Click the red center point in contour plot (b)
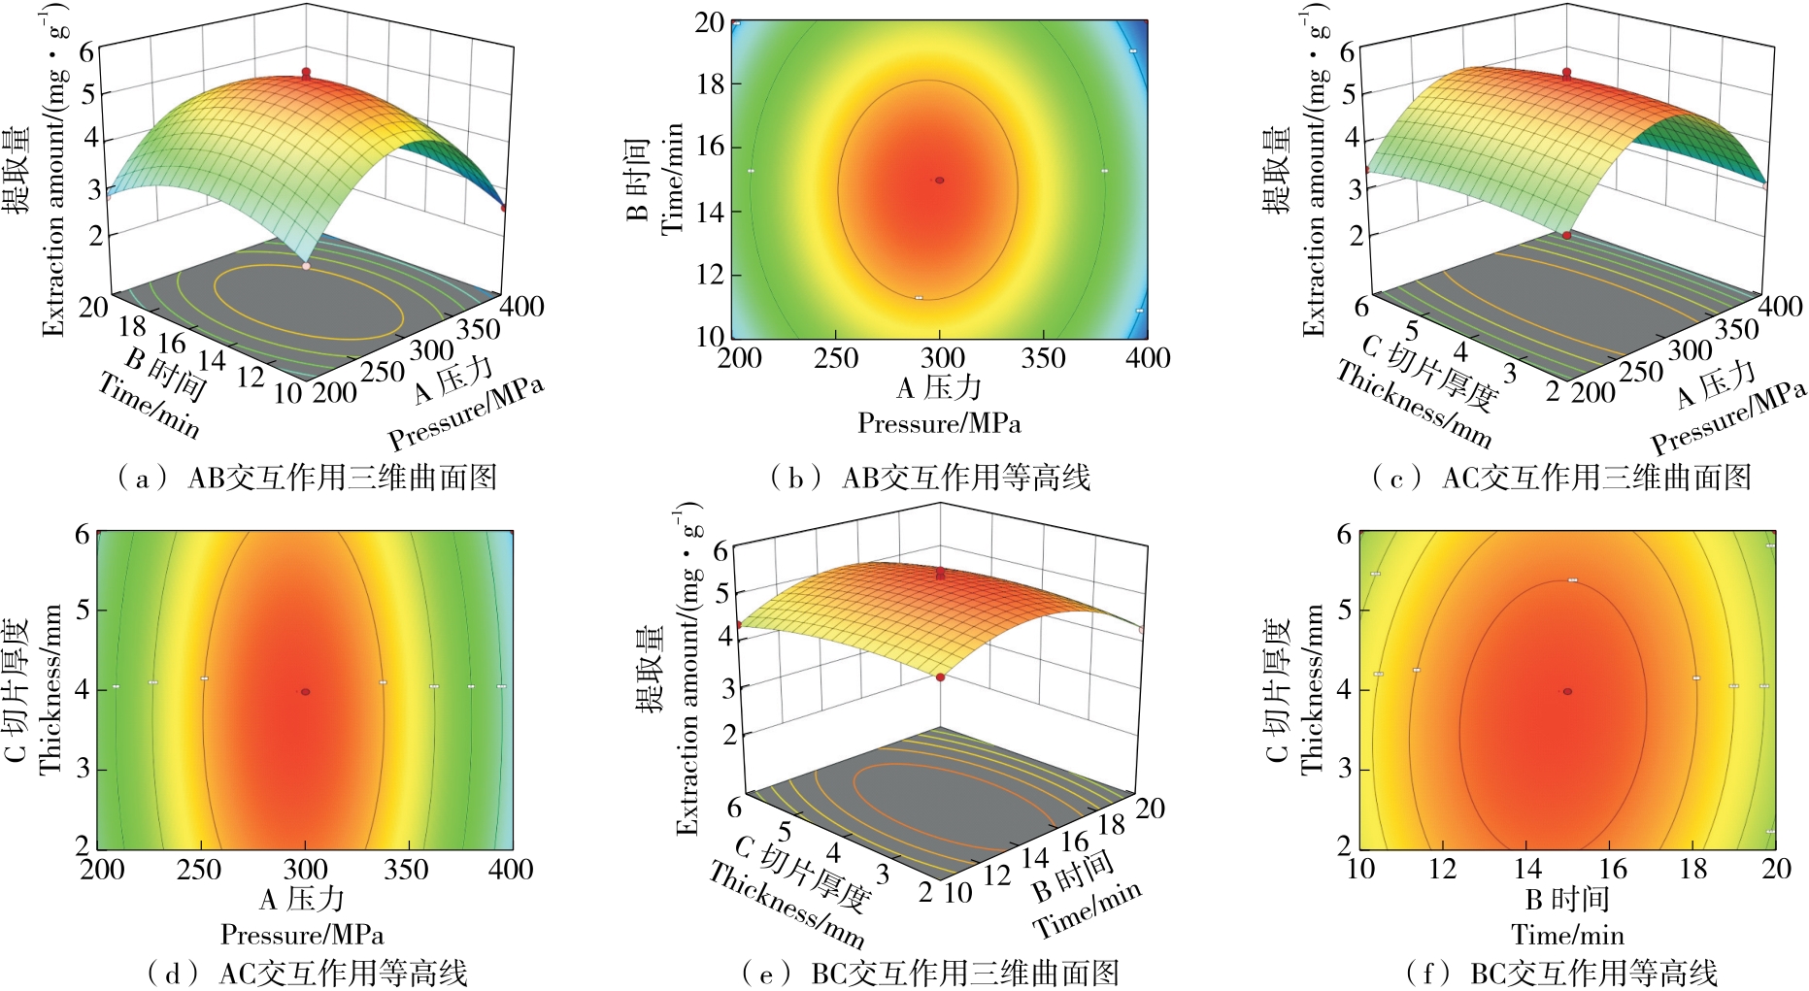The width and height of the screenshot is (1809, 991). pyautogui.click(x=939, y=181)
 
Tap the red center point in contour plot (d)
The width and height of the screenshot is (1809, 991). pyautogui.click(x=305, y=692)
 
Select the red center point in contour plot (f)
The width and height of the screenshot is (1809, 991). pyautogui.click(x=1567, y=691)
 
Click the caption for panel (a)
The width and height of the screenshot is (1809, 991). pyautogui.click(x=307, y=478)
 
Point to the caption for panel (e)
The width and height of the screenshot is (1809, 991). pyautogui.click(x=929, y=973)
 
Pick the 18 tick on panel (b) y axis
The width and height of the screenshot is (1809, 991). pyautogui.click(x=710, y=84)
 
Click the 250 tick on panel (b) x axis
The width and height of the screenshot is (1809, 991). pyautogui.click(x=836, y=359)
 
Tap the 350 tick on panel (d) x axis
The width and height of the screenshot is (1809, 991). pyautogui.click(x=406, y=870)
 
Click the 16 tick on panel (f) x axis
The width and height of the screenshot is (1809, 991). pyautogui.click(x=1612, y=870)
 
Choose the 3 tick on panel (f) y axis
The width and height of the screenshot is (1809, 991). pyautogui.click(x=1345, y=769)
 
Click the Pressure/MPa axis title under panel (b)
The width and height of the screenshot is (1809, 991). pyautogui.click(x=939, y=424)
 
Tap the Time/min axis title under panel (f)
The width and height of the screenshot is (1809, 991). pyautogui.click(x=1567, y=936)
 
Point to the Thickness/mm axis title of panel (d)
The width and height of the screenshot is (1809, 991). pyautogui.click(x=50, y=689)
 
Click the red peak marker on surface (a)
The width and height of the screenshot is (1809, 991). pyautogui.click(x=306, y=73)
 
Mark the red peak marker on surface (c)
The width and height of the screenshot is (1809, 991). pyautogui.click(x=1566, y=74)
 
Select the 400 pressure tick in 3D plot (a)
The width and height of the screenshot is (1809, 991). pyautogui.click(x=522, y=307)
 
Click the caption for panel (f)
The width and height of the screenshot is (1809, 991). pyautogui.click(x=1561, y=973)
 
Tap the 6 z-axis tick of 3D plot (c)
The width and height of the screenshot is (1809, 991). pyautogui.click(x=1348, y=52)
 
